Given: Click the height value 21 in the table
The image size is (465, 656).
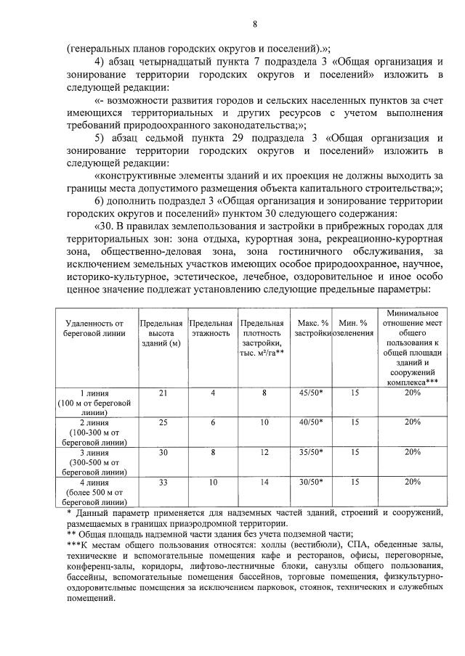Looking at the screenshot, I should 163,393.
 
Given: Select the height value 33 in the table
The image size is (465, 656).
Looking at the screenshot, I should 163,481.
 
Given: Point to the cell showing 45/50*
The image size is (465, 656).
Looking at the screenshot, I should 311,393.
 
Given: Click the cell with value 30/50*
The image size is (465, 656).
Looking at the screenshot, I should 311,481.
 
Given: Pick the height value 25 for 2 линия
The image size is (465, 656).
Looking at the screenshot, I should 163,422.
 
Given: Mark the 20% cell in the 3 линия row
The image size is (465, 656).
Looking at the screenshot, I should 413,451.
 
